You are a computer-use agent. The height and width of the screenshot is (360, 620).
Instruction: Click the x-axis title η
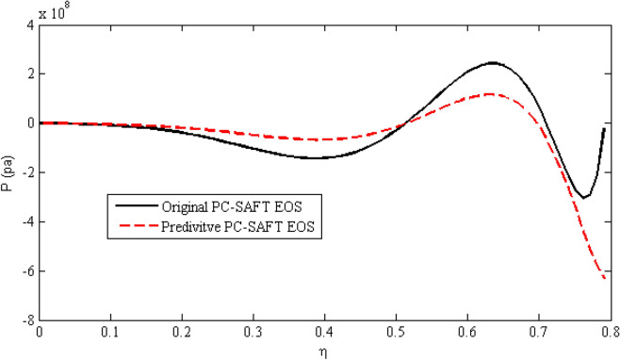[x=323, y=352]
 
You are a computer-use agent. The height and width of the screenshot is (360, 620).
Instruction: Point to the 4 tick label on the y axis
[x=31, y=25]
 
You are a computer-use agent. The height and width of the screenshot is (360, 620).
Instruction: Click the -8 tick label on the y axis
[x=28, y=321]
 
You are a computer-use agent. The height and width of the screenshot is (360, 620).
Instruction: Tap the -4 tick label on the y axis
[x=28, y=222]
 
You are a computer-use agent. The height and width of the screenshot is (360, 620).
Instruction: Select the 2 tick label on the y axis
[x=31, y=74]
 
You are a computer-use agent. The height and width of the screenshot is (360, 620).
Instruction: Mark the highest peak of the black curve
[x=493, y=63]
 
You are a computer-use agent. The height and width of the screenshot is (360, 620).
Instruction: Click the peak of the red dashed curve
[x=491, y=93]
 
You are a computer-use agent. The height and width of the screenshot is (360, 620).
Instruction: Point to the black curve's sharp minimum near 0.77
[x=585, y=197]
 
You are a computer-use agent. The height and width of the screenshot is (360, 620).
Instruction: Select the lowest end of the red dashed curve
[x=605, y=278]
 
